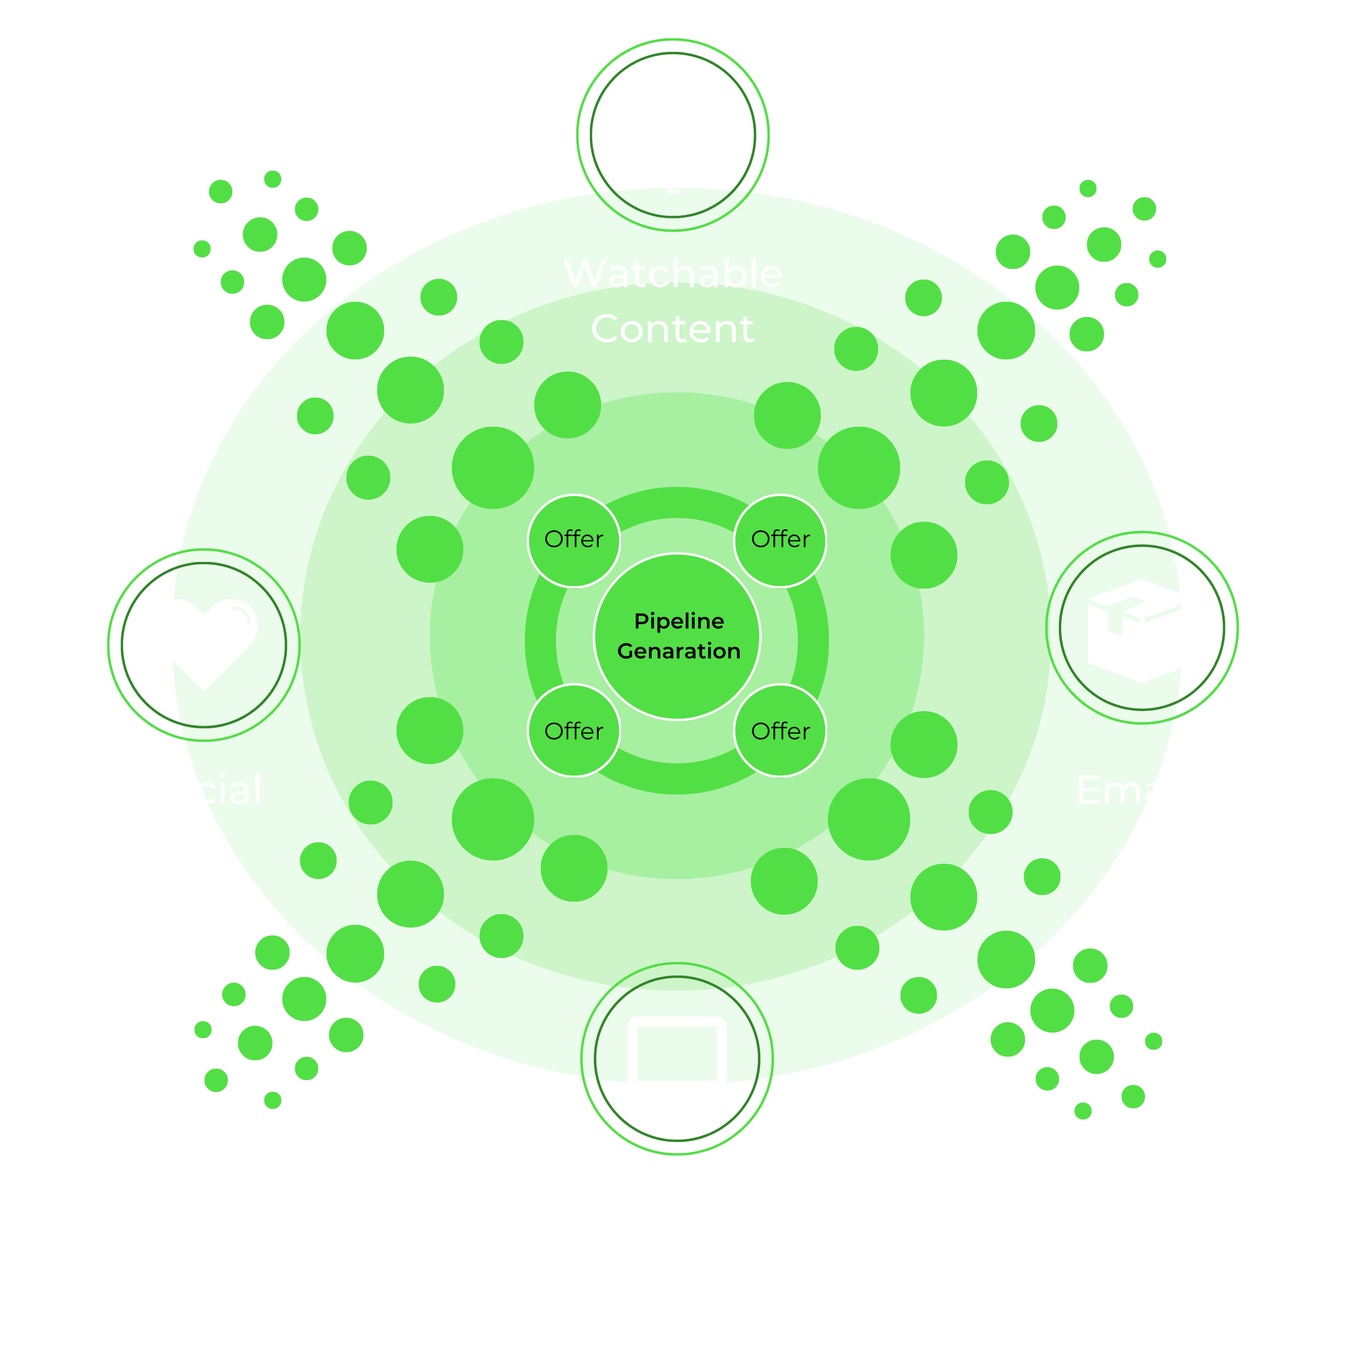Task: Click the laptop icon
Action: point(676,1058)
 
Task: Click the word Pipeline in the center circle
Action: point(678,621)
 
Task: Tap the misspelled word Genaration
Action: point(678,651)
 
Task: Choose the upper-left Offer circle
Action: point(573,540)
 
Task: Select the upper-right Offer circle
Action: point(780,540)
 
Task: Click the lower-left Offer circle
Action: point(573,731)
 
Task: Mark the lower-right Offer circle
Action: point(780,731)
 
